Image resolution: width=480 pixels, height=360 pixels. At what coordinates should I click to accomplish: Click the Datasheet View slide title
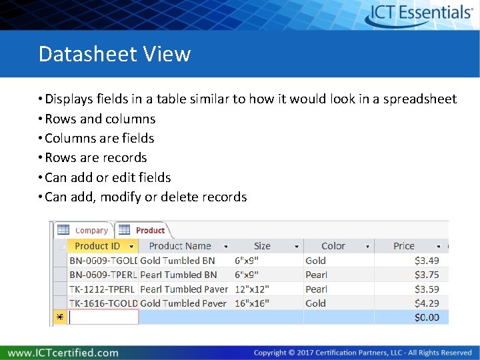point(115,53)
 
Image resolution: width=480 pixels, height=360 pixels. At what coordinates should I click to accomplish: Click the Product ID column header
point(97,246)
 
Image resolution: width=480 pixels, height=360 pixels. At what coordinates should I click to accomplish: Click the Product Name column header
point(179,246)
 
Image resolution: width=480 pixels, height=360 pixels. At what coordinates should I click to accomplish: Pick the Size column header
point(262,246)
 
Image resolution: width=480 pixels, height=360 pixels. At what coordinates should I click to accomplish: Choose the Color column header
point(333,246)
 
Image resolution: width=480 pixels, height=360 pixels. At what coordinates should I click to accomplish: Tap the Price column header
point(404,246)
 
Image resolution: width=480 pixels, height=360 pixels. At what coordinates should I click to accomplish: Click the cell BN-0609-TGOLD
point(103,261)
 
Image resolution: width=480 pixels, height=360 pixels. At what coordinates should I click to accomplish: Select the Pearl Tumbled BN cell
point(179,275)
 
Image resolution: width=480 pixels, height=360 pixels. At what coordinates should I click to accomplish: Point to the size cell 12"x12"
point(253,289)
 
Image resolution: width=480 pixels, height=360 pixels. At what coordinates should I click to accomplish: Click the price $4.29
point(427,303)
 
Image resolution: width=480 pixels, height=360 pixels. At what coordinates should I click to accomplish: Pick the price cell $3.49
point(427,261)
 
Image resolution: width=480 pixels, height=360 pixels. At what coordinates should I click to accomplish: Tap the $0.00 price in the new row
point(427,317)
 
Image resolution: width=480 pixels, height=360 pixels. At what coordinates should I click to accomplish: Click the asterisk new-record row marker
point(59,318)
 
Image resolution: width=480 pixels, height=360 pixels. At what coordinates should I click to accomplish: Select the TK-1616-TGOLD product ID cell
point(103,303)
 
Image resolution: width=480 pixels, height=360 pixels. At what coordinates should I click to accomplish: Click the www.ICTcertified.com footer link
point(63,353)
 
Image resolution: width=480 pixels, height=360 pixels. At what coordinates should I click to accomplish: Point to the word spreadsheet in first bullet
point(417,99)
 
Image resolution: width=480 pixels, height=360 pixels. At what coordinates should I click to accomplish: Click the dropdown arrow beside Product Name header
point(226,247)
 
